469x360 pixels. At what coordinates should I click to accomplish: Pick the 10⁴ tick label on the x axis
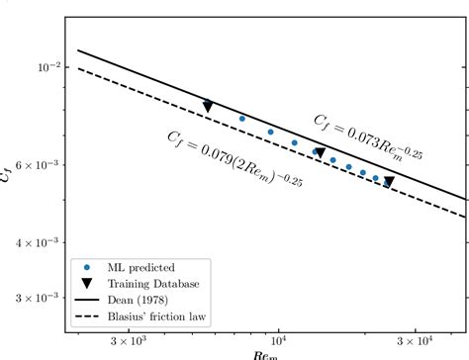[x=280, y=342]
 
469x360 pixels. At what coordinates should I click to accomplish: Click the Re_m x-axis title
[x=264, y=355]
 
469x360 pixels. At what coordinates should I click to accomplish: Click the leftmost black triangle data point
[x=208, y=106]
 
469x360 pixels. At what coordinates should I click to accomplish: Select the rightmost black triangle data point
[x=389, y=182]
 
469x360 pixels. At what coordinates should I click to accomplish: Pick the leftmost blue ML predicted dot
[x=242, y=119]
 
